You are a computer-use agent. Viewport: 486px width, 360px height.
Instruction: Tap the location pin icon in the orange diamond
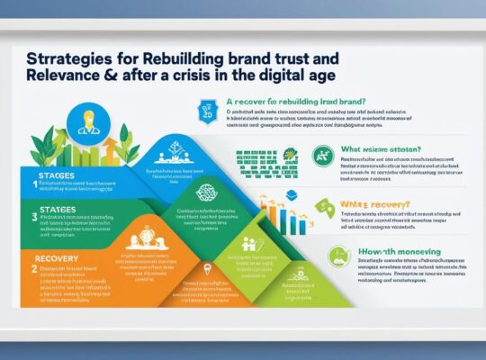207,269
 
